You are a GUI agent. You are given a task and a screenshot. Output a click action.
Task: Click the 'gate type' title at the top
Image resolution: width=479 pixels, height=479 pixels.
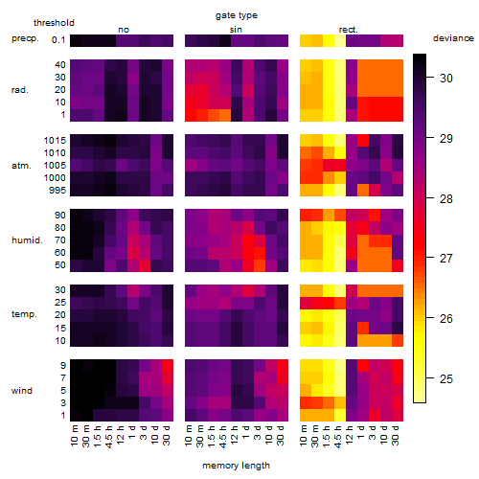click(x=237, y=15)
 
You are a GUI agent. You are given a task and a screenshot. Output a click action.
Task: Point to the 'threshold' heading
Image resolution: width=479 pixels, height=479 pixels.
click(x=54, y=23)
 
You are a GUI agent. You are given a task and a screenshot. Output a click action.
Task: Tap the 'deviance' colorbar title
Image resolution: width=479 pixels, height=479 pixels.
click(x=453, y=38)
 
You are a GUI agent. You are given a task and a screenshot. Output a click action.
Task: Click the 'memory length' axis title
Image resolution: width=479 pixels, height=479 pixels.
click(x=236, y=466)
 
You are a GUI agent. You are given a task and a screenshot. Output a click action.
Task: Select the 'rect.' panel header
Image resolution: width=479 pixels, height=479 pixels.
click(x=349, y=30)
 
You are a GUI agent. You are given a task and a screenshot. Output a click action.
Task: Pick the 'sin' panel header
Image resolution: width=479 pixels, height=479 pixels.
click(x=236, y=30)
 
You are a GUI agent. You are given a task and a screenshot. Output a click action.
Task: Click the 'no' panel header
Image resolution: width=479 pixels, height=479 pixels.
click(x=124, y=30)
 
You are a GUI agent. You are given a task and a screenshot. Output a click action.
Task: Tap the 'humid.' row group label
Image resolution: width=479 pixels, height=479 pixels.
click(x=27, y=240)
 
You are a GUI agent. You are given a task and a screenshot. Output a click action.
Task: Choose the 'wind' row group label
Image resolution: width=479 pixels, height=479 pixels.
click(x=22, y=391)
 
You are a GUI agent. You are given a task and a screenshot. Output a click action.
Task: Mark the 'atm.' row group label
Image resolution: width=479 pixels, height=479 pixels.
click(x=21, y=166)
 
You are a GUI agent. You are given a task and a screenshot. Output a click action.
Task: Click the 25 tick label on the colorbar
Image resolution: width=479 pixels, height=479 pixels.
click(x=446, y=379)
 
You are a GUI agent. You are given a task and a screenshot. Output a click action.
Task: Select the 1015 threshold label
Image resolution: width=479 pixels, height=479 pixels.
click(x=55, y=141)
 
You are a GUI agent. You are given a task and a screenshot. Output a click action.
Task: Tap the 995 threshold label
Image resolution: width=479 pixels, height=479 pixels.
click(x=57, y=191)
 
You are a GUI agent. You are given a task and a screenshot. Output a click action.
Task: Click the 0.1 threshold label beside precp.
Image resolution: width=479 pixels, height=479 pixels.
click(x=58, y=40)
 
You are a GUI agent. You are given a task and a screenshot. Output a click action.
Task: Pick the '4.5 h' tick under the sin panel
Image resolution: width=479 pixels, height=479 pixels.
click(x=223, y=436)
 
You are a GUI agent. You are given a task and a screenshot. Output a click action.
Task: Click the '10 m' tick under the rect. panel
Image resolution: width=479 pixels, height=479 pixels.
click(x=304, y=436)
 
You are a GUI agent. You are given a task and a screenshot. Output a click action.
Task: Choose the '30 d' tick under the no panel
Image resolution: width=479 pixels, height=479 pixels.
click(x=167, y=436)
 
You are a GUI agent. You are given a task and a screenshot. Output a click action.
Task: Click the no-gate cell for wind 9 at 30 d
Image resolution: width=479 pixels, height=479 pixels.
click(x=168, y=366)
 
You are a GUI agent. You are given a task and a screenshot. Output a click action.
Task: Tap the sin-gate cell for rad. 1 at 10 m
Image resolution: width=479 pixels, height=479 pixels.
click(x=191, y=115)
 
